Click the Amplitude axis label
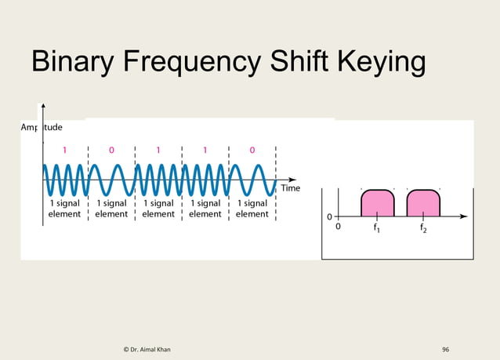[42, 127]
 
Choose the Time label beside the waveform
[291, 188]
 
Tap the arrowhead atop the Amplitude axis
[43, 107]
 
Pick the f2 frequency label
[423, 229]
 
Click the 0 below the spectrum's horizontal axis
[339, 227]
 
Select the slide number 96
[445, 348]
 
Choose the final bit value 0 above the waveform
[252, 150]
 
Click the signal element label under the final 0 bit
[252, 209]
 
